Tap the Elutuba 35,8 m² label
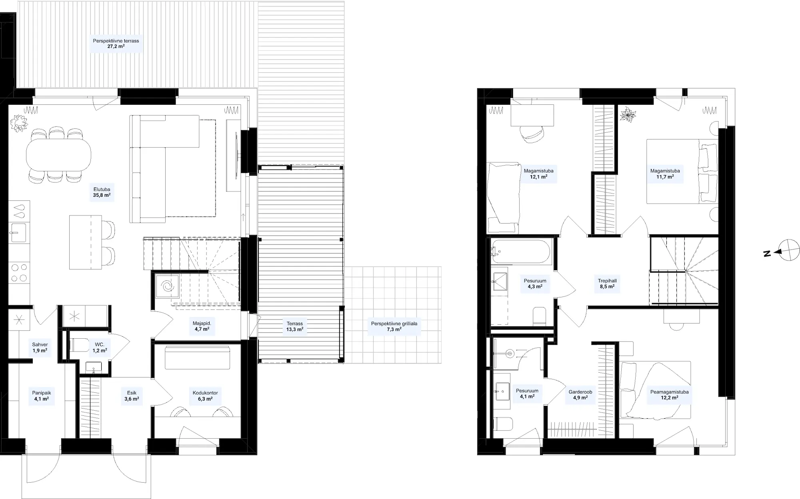[x=102, y=192]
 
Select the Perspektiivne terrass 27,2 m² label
[x=116, y=44]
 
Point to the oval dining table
[x=58, y=154]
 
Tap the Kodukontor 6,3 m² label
[x=205, y=395]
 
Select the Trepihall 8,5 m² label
[x=607, y=283]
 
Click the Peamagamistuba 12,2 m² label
[x=669, y=395]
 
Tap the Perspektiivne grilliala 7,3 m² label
[x=394, y=326]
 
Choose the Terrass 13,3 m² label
[x=295, y=326]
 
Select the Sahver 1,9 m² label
[x=40, y=347]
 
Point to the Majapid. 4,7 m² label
[x=202, y=326]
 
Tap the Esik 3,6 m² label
[x=132, y=396]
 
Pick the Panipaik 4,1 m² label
[x=42, y=396]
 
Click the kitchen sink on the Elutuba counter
[x=18, y=232]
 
